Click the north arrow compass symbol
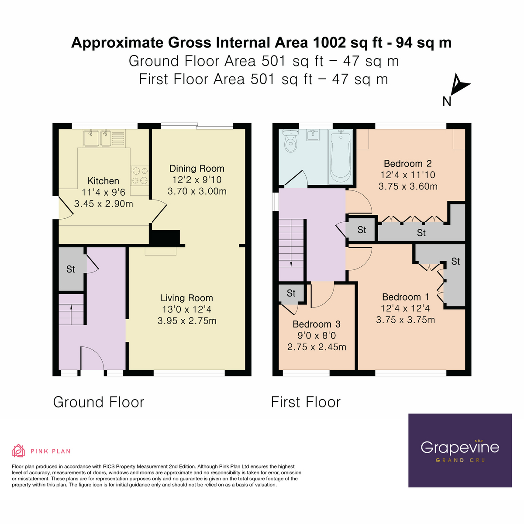click(459, 85)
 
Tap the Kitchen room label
click(103, 181)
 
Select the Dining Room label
click(196, 169)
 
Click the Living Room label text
click(186, 298)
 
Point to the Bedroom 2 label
click(407, 164)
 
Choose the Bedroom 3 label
click(316, 324)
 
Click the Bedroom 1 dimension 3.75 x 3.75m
click(405, 320)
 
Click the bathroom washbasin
click(314, 135)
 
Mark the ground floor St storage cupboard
click(71, 269)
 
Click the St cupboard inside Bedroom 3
click(291, 293)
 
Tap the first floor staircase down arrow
click(291, 263)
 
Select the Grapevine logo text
click(459, 447)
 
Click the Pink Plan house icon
click(18, 451)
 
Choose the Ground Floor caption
click(99, 402)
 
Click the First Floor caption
click(306, 402)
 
